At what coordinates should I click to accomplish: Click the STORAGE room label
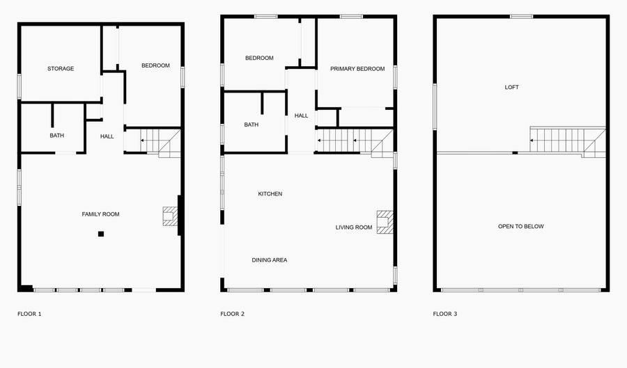(x=61, y=69)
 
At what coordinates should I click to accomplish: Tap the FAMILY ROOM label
(x=100, y=214)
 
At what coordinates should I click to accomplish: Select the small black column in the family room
(x=101, y=234)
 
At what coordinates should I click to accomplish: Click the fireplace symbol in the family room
(x=169, y=216)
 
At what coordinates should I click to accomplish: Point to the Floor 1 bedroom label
(x=155, y=66)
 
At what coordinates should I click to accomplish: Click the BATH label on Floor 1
(x=56, y=136)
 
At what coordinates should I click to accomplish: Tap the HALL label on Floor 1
(x=107, y=136)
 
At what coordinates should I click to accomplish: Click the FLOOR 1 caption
(x=29, y=314)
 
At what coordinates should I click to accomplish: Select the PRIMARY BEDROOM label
(x=357, y=69)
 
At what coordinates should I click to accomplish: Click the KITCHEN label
(x=270, y=194)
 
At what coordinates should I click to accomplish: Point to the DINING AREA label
(x=269, y=260)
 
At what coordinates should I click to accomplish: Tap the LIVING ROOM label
(x=354, y=227)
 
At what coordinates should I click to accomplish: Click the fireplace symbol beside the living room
(x=385, y=221)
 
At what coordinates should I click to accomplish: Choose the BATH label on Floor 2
(x=251, y=125)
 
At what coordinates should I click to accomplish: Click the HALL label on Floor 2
(x=301, y=115)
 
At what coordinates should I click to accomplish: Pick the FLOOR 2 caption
(x=233, y=314)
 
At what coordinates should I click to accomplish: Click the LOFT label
(x=512, y=88)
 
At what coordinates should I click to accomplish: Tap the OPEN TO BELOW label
(x=521, y=227)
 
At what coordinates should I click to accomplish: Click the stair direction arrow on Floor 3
(x=533, y=141)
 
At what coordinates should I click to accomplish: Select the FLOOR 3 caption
(x=445, y=314)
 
